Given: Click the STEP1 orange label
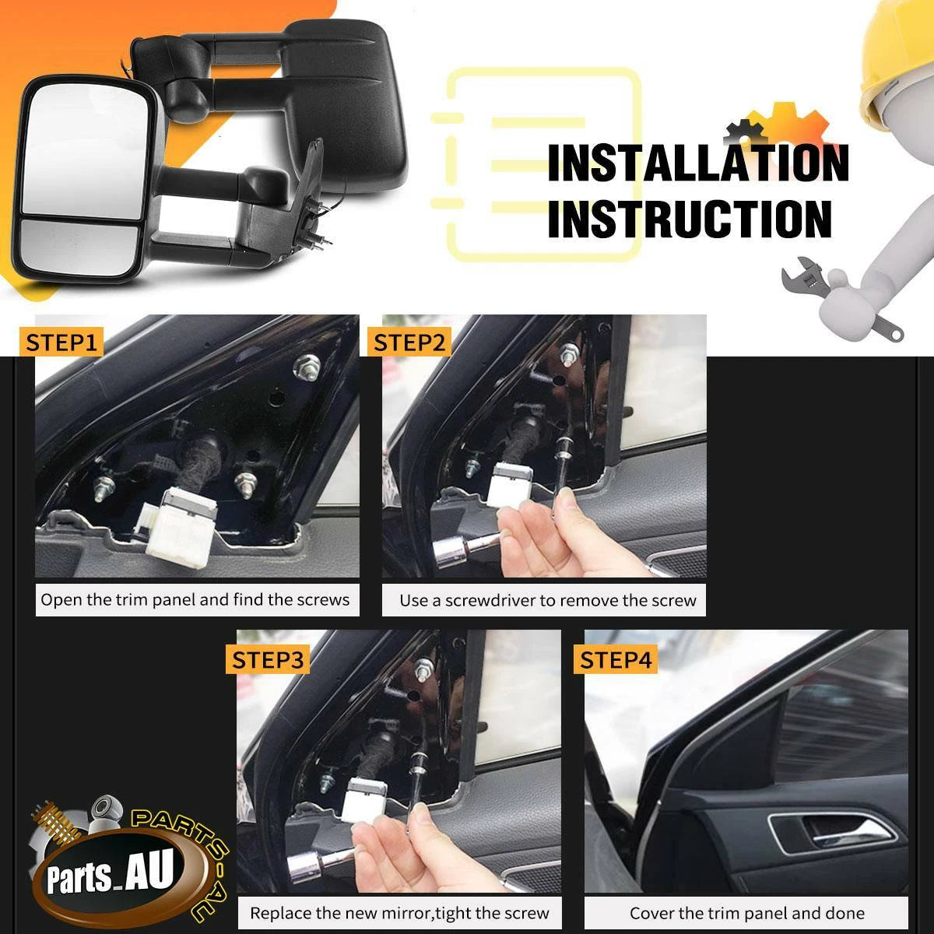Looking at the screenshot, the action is (x=61, y=342).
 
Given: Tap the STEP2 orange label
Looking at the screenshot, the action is (x=409, y=342).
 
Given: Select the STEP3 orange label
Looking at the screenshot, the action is (x=268, y=659).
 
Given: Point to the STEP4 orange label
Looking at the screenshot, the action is (x=616, y=659).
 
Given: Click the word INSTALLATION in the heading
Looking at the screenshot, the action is (x=698, y=163).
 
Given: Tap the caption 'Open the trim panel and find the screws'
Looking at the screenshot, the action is (x=195, y=599).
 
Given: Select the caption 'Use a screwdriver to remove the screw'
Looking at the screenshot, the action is (x=548, y=601).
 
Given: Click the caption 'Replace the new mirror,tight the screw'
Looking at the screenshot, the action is (x=399, y=913).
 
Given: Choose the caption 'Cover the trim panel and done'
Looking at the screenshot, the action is (x=747, y=913).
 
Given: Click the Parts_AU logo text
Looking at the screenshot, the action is (x=110, y=873).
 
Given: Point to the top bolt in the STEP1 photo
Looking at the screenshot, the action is (x=307, y=365).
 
